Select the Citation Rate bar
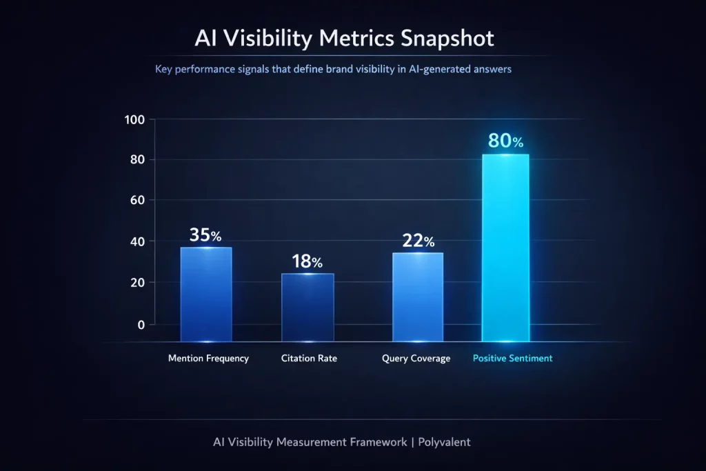tap(307, 308)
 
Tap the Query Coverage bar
tap(418, 297)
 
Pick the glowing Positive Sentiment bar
tap(505, 248)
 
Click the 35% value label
tap(205, 235)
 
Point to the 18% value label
tap(307, 261)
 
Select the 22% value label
tap(418, 241)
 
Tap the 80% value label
tap(505, 141)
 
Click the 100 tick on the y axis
tap(134, 119)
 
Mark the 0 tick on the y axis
tap(141, 324)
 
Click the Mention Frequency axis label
tap(208, 359)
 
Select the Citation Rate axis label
tap(309, 359)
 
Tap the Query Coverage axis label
tap(416, 359)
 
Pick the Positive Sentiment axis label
tap(512, 359)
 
